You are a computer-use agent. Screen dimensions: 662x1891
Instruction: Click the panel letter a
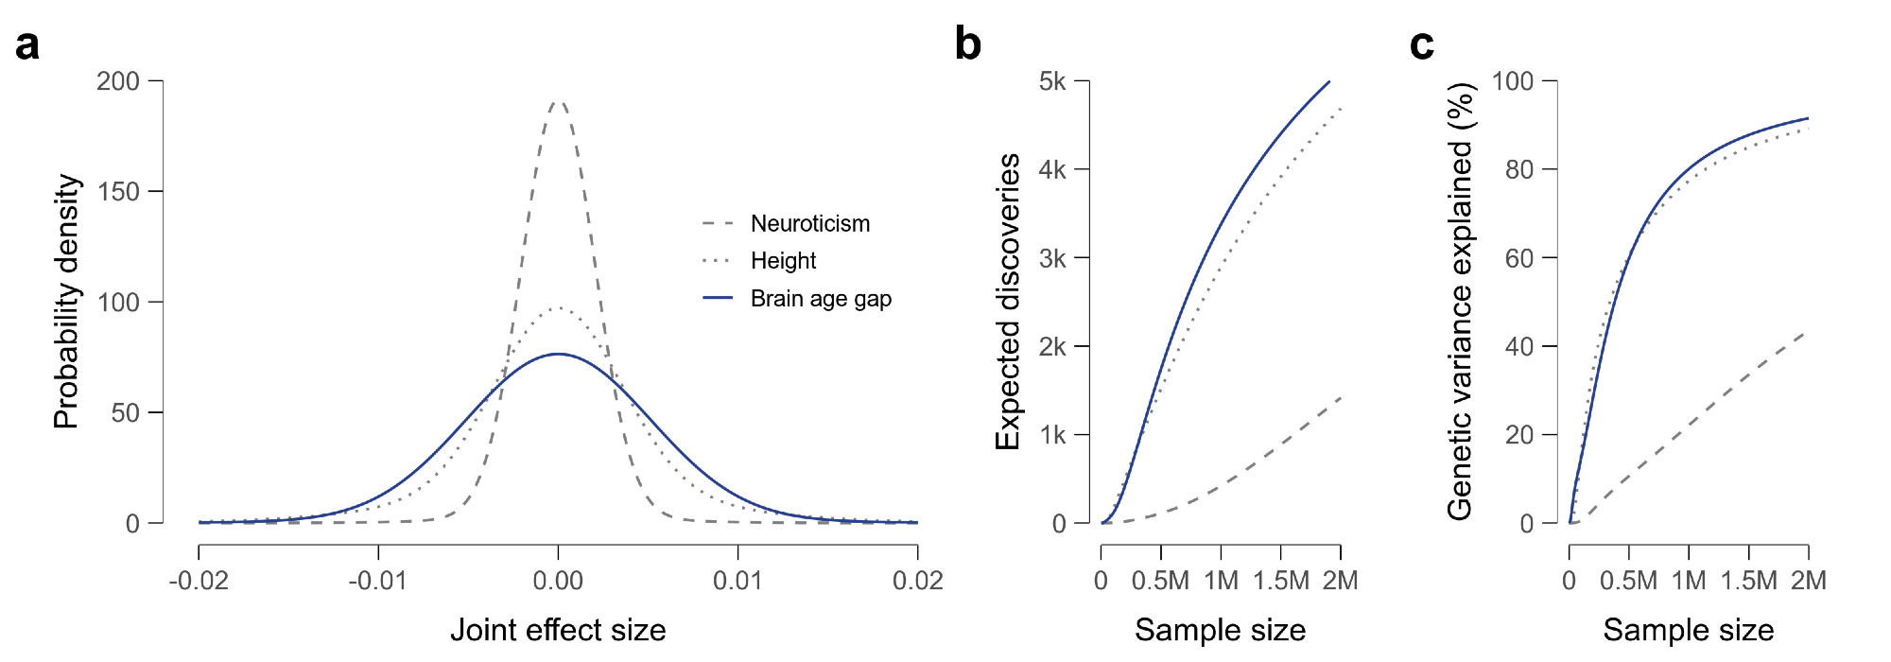[27, 44]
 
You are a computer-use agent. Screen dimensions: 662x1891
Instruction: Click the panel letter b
[967, 44]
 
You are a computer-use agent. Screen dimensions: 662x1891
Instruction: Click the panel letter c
[1421, 44]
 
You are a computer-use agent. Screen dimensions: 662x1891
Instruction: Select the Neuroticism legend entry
[809, 223]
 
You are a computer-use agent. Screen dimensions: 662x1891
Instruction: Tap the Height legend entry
[783, 260]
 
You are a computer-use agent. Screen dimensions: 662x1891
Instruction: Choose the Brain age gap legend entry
[821, 298]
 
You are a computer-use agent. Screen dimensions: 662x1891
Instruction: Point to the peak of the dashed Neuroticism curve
[558, 101]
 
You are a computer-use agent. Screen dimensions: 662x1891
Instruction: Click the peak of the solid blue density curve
[558, 354]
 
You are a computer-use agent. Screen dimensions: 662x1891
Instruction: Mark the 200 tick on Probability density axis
[118, 81]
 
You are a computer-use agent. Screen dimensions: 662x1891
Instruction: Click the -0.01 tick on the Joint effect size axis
[378, 580]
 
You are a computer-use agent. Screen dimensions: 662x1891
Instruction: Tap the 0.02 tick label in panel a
[917, 580]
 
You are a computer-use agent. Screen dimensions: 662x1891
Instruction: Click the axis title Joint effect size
[558, 630]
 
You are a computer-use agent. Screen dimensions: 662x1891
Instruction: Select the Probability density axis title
[66, 301]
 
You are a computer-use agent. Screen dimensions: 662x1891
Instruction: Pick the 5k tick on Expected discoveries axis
[1052, 81]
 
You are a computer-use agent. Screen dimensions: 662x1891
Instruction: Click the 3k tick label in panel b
[1052, 258]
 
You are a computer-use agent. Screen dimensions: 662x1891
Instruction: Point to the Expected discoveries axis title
[1008, 301]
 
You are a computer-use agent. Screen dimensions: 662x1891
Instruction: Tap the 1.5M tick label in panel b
[1281, 580]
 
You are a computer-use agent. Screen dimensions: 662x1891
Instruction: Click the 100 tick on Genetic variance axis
[1513, 81]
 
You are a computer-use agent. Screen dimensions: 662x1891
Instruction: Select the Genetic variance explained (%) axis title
[1461, 301]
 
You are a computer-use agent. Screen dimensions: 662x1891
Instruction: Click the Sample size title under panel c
[1688, 630]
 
